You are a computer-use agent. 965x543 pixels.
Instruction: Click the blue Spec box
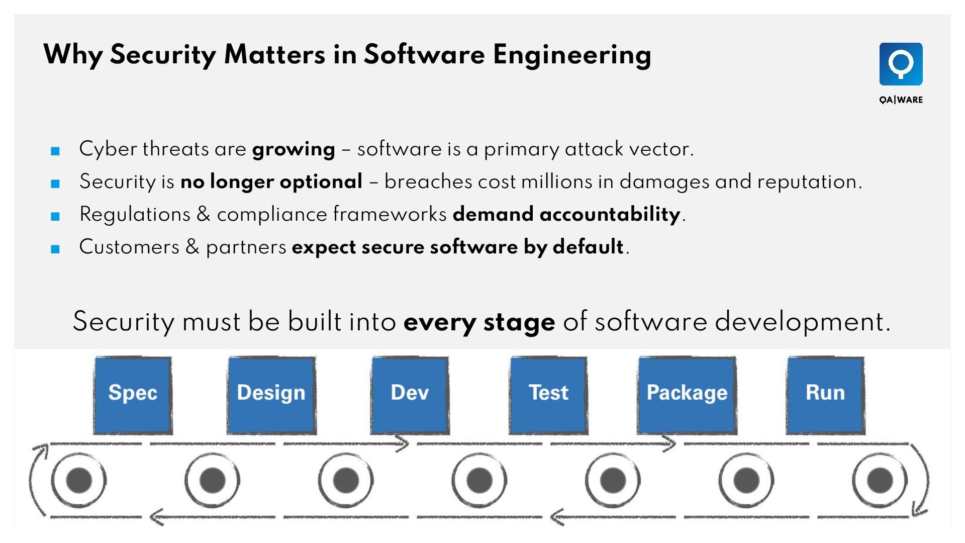coord(133,395)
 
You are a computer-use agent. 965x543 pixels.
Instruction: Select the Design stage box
coord(271,395)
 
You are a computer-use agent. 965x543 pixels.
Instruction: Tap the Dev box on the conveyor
coord(410,395)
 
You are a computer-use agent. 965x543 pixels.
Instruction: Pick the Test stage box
coord(548,395)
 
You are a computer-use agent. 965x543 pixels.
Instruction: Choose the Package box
coord(687,395)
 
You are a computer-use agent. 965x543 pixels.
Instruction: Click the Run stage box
coord(825,395)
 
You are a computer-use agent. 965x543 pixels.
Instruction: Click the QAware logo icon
coord(901,64)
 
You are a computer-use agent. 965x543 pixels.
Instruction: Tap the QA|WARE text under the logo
coord(901,100)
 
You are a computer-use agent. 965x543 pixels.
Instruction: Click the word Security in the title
coord(163,55)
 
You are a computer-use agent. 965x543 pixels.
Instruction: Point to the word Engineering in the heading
coord(572,55)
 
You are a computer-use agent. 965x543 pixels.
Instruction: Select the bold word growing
coord(294,149)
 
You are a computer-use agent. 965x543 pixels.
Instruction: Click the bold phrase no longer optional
coord(271,182)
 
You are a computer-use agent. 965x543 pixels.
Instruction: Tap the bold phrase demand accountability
coord(566,215)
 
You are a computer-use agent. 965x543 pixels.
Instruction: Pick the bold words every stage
coord(479,322)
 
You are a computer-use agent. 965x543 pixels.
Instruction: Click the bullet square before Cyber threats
coord(55,151)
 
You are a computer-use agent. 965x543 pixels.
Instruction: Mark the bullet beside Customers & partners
coord(55,249)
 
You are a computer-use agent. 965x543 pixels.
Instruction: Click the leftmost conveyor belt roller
coord(79,480)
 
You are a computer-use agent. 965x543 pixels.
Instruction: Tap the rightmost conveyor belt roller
coord(880,480)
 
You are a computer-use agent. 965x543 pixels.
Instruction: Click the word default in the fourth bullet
coord(588,247)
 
